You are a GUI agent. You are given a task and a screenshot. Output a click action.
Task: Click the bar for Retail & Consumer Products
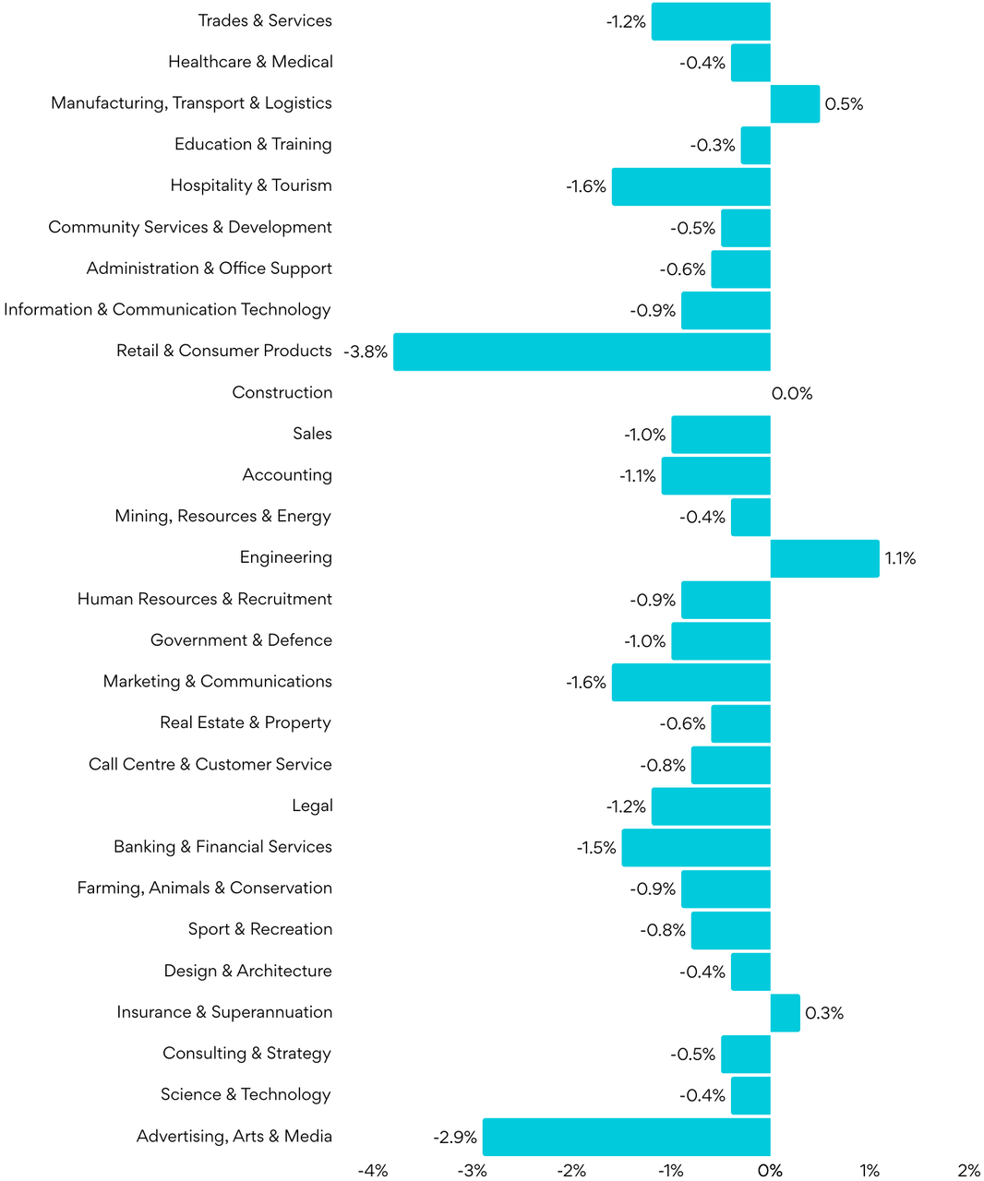(582, 352)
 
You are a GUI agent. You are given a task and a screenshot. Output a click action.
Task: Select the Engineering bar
(824, 558)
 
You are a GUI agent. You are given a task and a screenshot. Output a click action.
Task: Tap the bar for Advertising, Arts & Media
(626, 1137)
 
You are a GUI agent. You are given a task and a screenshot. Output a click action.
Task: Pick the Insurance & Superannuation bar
(785, 1013)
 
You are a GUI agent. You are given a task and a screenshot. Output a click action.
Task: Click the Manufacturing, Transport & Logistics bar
(795, 103)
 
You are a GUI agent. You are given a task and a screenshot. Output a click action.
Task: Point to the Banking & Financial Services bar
(696, 848)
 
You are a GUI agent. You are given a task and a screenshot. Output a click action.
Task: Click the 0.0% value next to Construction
(792, 394)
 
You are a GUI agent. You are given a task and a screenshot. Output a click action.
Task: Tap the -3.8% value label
(366, 352)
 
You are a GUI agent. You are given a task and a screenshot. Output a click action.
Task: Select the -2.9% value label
(455, 1138)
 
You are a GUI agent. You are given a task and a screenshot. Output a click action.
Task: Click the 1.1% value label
(900, 559)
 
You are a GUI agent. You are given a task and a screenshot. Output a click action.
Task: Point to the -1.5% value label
(596, 848)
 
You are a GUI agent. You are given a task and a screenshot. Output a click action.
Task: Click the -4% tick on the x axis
(373, 1171)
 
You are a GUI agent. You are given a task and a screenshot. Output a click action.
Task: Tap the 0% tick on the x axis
(770, 1171)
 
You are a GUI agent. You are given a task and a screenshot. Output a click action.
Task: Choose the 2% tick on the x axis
(968, 1171)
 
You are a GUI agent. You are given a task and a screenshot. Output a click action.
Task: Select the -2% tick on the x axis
(571, 1171)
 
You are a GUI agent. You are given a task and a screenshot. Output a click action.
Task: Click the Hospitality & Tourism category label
(251, 185)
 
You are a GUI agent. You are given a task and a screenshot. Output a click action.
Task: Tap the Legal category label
(312, 806)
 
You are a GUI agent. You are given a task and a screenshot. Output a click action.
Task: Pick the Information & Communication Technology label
(167, 310)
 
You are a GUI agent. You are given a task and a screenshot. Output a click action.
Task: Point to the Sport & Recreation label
(260, 930)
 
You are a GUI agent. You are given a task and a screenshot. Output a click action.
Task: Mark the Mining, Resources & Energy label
(223, 517)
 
